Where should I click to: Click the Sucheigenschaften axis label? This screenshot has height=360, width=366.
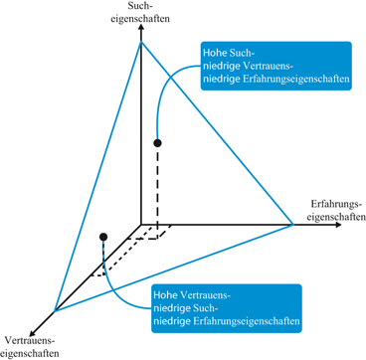pos(141,14)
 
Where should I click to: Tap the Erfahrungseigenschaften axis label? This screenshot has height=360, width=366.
pos(334,210)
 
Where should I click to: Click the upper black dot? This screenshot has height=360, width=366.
pos(157,144)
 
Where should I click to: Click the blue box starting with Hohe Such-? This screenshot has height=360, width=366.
pos(275,67)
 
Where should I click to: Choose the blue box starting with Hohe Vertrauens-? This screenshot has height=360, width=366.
pos(225,308)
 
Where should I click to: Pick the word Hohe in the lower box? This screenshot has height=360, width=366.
pos(166,294)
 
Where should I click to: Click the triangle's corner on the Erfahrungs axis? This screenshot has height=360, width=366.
pos(294,223)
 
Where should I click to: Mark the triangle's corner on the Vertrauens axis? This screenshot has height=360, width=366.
pos(57,308)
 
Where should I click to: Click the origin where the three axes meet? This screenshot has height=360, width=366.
pos(142,223)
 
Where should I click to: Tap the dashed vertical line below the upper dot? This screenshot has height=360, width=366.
pos(157,189)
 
